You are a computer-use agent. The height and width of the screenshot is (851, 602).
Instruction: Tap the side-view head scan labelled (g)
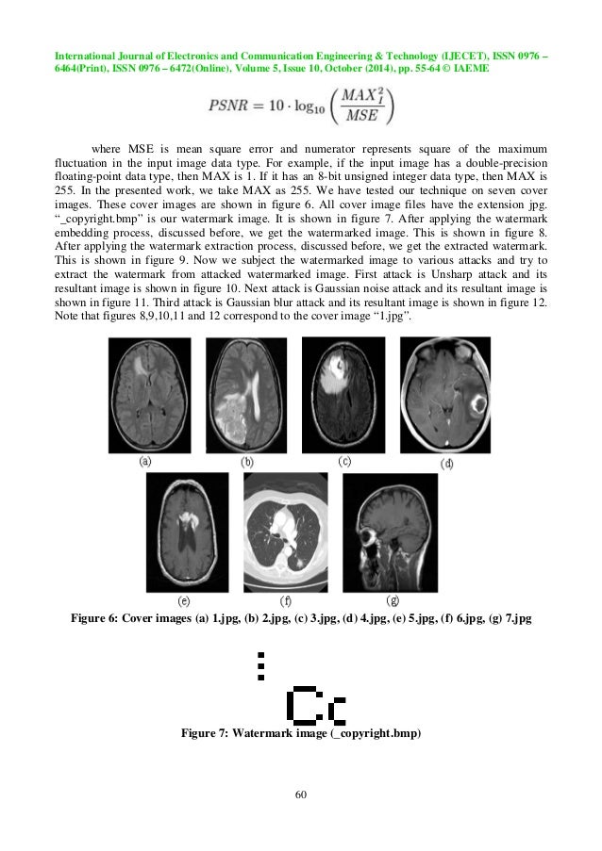pyautogui.click(x=390, y=532)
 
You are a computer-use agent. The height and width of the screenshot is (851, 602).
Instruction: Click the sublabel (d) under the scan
pyautogui.click(x=447, y=464)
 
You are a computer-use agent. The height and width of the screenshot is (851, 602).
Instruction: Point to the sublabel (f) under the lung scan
pyautogui.click(x=287, y=599)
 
